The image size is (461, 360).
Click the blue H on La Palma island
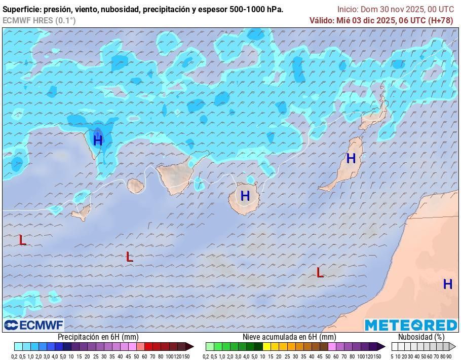tap(98, 140)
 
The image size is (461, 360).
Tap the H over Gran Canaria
tap(245, 196)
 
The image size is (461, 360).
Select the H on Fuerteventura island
tap(351, 158)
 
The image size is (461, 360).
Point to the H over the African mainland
tap(447, 284)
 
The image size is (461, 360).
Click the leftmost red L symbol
tap(22, 240)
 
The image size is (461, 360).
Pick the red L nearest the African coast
tap(320, 273)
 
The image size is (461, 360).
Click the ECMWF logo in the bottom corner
tap(33, 325)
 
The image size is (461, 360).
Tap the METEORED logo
tap(411, 325)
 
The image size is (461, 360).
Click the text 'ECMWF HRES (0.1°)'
tap(39, 20)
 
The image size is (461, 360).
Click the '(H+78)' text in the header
tap(441, 20)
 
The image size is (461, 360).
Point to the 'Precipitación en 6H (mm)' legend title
tap(98, 337)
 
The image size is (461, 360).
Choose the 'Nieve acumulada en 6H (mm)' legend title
tap(289, 337)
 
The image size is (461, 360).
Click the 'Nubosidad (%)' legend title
tap(421, 337)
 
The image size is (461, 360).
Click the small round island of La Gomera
tap(135, 186)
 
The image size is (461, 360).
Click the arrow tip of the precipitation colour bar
tap(191, 347)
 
